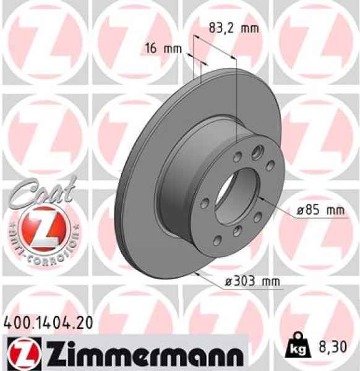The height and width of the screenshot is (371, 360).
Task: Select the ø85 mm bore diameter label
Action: coord(320,210)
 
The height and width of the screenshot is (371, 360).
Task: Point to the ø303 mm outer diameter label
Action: coord(252,282)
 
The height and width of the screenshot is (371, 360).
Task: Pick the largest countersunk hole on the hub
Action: coord(258,149)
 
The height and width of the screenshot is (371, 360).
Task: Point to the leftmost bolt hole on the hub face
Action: coord(205,203)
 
